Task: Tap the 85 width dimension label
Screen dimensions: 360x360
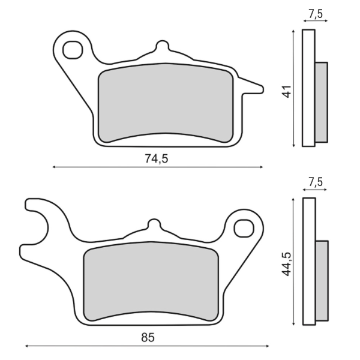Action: click(x=148, y=337)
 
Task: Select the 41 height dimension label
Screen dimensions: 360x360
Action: click(x=287, y=92)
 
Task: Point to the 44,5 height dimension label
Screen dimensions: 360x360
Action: click(x=287, y=262)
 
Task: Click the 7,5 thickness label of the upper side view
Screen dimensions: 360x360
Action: click(x=316, y=13)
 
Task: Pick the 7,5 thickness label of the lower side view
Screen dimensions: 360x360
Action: click(x=316, y=182)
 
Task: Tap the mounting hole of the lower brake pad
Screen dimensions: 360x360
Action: click(x=244, y=227)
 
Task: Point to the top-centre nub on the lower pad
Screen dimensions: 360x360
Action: click(x=154, y=226)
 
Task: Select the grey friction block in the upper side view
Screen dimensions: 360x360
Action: click(x=322, y=102)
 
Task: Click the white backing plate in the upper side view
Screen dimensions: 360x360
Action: click(x=308, y=88)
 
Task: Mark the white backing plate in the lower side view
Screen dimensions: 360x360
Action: click(x=309, y=261)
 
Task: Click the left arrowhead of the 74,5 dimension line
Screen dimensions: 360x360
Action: click(x=54, y=167)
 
